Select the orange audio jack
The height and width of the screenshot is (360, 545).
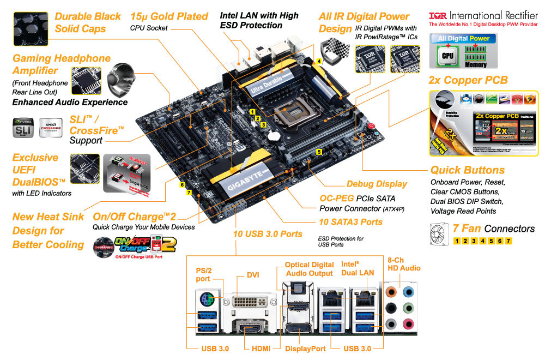(390, 291)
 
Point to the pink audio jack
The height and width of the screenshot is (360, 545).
(407, 325)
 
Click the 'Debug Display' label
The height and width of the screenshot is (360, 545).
(377, 184)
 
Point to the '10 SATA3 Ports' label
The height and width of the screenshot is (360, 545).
(350, 222)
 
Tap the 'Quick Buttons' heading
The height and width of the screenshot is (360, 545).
(468, 170)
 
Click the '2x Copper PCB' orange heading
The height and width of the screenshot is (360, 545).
(468, 80)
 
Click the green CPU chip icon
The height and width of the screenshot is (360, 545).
(447, 56)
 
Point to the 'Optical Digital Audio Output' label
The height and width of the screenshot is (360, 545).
(308, 269)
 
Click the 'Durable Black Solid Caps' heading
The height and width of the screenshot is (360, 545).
(88, 22)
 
